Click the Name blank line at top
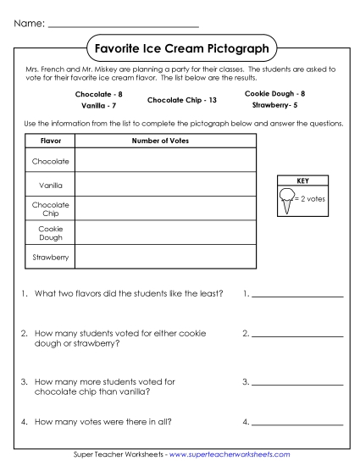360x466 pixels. [124, 25]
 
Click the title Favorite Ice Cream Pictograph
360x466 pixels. [182, 49]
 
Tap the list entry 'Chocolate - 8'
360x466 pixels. [99, 94]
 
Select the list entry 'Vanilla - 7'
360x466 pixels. [99, 106]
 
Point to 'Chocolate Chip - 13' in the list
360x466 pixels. [182, 100]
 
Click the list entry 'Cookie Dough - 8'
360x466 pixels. [274, 93]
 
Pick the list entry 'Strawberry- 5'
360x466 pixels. [274, 106]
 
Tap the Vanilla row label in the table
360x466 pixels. [51, 184]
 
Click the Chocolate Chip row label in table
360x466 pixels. [51, 208]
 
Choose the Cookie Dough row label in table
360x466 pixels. [51, 232]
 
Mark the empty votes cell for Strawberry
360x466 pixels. [165, 256]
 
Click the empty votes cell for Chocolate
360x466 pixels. [165, 159]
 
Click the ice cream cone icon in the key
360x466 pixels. [286, 201]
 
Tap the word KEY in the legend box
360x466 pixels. [302, 180]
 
